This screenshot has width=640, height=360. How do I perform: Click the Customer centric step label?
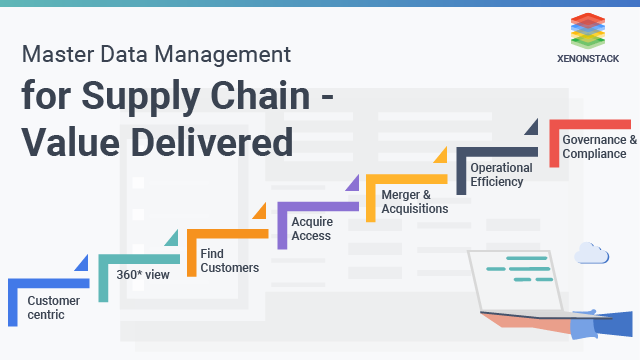tap(46, 307)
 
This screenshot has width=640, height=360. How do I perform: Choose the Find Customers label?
tap(229, 260)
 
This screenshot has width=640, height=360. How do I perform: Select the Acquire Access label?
tap(312, 228)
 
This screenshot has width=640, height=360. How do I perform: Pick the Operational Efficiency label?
tap(502, 174)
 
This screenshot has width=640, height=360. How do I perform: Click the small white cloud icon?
tap(592, 255)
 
